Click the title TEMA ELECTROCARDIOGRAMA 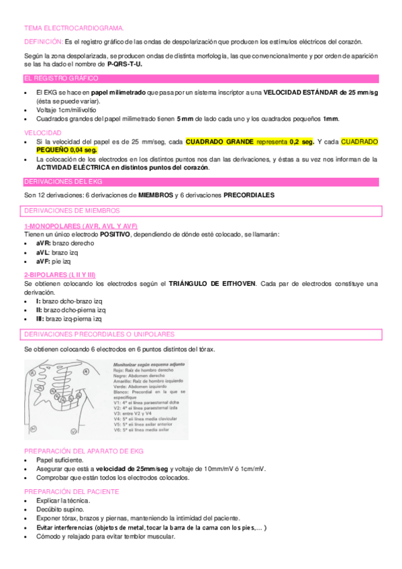click(x=74, y=28)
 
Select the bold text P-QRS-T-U click(x=125, y=64)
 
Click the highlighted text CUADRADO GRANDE click(x=213, y=142)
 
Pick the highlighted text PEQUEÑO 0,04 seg click(x=66, y=150)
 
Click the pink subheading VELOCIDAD click(x=42, y=133)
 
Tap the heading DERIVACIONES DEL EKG click(x=62, y=182)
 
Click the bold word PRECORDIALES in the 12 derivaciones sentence click(x=248, y=195)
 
